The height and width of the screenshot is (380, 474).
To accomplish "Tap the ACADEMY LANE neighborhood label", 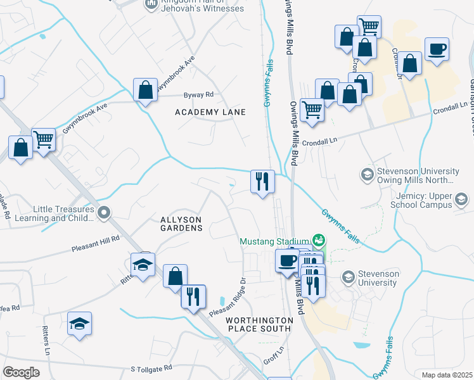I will [210, 112].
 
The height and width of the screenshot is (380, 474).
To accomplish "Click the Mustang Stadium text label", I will [274, 241].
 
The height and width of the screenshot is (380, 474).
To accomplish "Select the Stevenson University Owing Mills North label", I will [418, 175].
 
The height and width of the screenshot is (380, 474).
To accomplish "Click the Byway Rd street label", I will [199, 94].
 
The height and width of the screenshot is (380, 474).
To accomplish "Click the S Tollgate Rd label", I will [151, 368].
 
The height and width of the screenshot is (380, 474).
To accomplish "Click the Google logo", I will [21, 372].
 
